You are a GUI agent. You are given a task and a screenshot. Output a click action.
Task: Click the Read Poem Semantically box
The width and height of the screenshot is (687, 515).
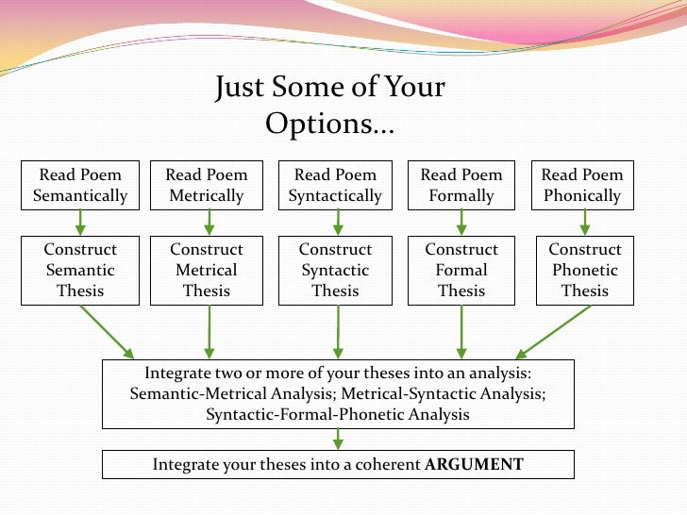point(80,185)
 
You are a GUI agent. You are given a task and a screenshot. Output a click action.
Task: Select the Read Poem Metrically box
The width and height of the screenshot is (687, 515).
point(207,185)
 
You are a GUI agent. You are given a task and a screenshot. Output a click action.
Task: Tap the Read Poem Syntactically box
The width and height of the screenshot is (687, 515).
point(335,185)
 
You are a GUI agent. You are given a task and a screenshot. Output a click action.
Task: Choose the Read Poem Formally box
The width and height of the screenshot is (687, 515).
point(461,185)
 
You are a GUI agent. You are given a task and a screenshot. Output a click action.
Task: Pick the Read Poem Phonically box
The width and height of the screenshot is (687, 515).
point(582,185)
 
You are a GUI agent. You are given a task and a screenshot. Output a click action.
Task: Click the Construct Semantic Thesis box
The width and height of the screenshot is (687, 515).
point(80,270)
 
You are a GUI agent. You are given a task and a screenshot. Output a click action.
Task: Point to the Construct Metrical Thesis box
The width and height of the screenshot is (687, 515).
point(207,270)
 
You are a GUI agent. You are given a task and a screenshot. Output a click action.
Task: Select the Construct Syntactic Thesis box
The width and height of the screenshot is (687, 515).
point(335,270)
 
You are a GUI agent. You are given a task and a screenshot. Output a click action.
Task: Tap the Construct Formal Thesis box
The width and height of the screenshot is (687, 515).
point(461,270)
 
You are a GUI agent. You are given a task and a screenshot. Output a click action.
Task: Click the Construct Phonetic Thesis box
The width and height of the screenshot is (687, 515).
point(585,270)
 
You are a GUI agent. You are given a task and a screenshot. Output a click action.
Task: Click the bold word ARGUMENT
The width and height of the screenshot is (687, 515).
point(475,464)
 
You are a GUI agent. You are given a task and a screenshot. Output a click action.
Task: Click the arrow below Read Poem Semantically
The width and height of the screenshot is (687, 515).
point(81,222)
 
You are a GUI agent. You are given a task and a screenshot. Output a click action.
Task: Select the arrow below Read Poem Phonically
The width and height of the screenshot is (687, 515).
point(585,222)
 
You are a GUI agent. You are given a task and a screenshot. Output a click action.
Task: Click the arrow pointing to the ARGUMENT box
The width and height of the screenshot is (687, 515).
point(337,439)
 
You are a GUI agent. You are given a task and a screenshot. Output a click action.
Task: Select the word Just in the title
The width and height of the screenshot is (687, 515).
point(240,90)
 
